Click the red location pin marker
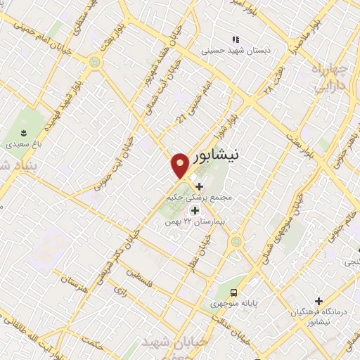click(180, 165)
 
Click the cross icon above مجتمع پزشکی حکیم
click(199, 186)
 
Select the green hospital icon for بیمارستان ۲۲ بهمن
click(195, 210)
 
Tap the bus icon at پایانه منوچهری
click(233, 292)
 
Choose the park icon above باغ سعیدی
click(23, 132)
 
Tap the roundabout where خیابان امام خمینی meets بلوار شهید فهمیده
click(94, 62)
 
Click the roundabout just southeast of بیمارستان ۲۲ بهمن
click(236, 240)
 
